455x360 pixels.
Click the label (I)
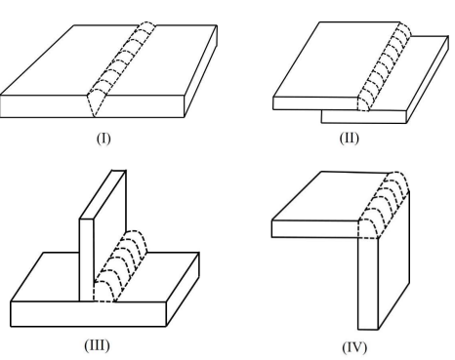[103, 139]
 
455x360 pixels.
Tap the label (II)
[350, 138]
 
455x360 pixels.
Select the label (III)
[97, 345]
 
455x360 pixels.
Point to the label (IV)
[354, 347]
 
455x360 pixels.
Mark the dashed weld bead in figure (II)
[384, 66]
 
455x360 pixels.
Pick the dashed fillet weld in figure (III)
[120, 266]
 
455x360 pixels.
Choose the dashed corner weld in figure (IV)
[384, 205]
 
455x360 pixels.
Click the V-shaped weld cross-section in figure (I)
[96, 103]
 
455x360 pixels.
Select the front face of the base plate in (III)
[89, 314]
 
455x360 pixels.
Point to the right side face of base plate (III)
[183, 290]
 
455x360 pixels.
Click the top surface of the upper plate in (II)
[339, 60]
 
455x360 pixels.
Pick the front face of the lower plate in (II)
[364, 116]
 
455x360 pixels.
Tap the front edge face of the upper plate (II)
[315, 103]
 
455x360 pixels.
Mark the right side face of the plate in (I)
[201, 71]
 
